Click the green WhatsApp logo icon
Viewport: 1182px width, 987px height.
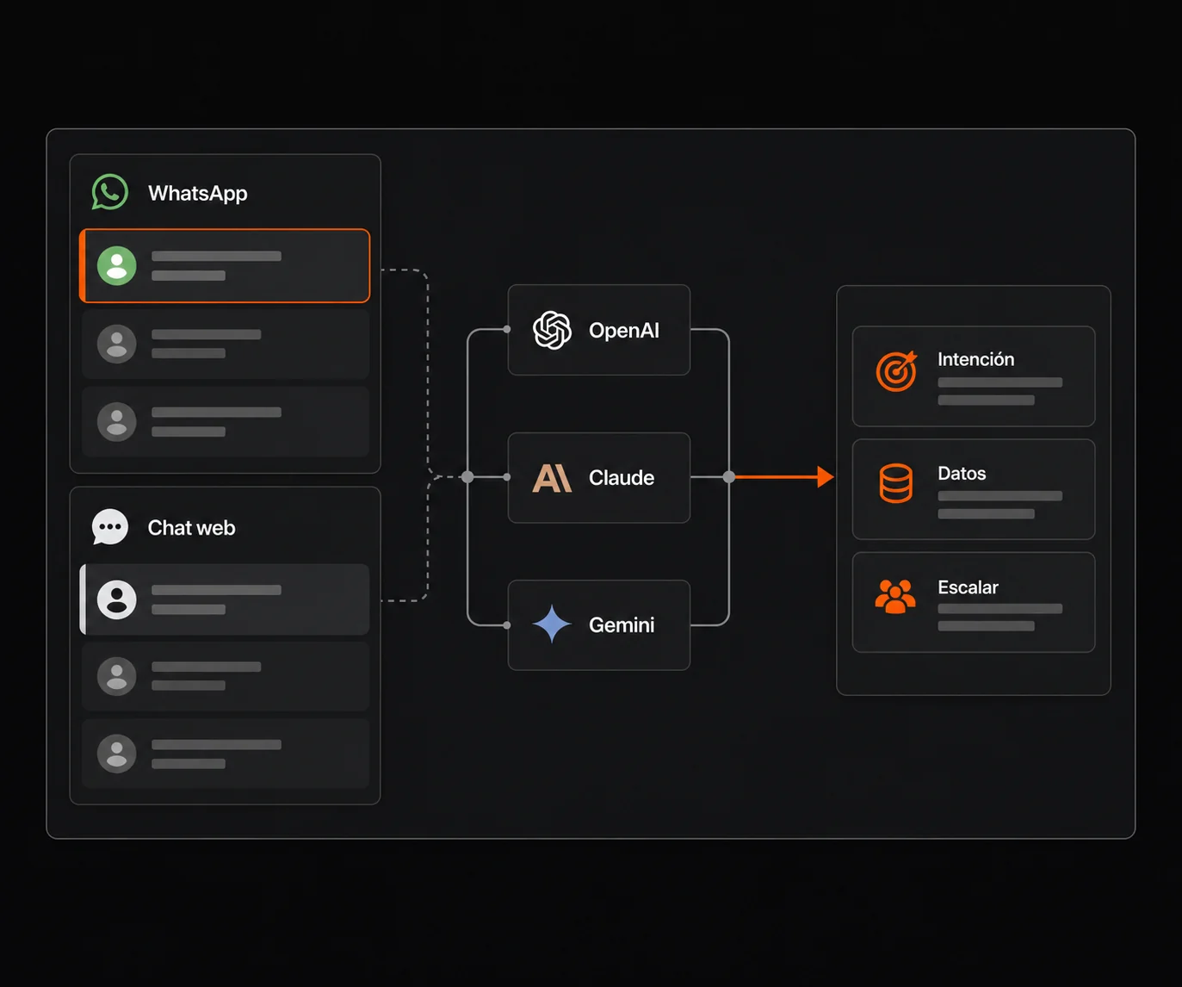click(x=110, y=192)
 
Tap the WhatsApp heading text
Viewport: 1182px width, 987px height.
click(x=197, y=194)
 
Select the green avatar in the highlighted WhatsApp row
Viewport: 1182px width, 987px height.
click(x=116, y=265)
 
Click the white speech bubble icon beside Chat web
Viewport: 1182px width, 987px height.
click(x=110, y=526)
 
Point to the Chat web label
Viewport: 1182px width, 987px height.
click(x=191, y=528)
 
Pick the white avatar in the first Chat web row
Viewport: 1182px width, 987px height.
click(x=116, y=599)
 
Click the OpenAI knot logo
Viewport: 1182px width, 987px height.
click(x=552, y=330)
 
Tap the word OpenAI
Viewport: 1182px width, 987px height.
click(x=624, y=330)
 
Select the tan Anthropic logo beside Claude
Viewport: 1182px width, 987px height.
click(x=552, y=479)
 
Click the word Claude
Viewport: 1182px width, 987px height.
click(x=622, y=478)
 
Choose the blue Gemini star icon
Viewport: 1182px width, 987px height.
click(x=552, y=624)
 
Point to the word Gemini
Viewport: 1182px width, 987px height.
click(x=622, y=625)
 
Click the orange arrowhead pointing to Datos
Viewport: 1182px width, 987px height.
click(x=826, y=477)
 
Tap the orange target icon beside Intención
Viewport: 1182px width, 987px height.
click(x=896, y=371)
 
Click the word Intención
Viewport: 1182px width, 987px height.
click(x=976, y=359)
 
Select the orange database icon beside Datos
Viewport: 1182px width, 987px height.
click(x=895, y=483)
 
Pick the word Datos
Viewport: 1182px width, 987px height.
click(x=962, y=474)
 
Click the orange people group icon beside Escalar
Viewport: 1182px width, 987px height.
click(x=895, y=597)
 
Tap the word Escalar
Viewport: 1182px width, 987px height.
click(x=968, y=587)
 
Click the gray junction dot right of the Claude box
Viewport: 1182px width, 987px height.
click(x=729, y=477)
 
